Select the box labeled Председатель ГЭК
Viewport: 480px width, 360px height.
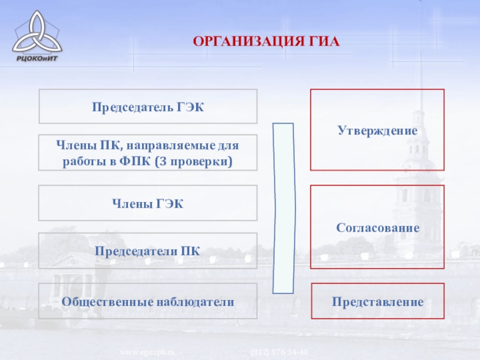[148, 107]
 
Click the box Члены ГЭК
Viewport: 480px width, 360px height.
[148, 203]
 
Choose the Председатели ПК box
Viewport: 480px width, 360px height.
[148, 251]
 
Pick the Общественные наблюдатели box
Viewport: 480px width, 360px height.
[148, 301]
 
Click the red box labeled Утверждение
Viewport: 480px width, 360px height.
[377, 130]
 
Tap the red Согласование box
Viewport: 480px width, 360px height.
[377, 227]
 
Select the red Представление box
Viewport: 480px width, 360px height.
[377, 301]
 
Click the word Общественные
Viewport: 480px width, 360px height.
[103, 301]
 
